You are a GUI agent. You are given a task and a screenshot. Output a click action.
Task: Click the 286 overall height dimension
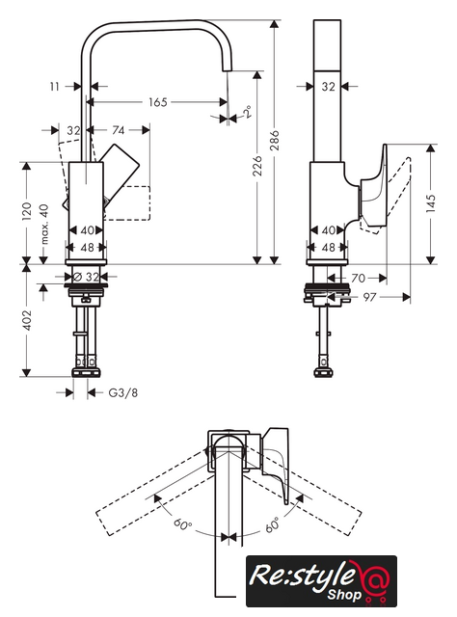pyautogui.click(x=274, y=140)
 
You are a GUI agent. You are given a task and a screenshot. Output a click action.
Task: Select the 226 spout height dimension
pyautogui.click(x=256, y=166)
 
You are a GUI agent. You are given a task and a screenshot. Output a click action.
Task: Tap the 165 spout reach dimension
pyautogui.click(x=158, y=102)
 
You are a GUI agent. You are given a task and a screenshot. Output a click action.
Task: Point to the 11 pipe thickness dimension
pyautogui.click(x=54, y=86)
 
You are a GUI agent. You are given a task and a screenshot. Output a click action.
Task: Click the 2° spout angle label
pyautogui.click(x=248, y=112)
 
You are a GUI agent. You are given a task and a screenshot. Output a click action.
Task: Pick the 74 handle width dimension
pyautogui.click(x=118, y=130)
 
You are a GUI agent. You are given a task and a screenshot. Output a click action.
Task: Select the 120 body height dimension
pyautogui.click(x=26, y=211)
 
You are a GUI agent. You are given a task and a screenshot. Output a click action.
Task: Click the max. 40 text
pyautogui.click(x=44, y=224)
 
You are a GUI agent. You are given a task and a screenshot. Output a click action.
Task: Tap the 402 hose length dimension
pyautogui.click(x=26, y=319)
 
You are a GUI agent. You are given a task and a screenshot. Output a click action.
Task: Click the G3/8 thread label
pyautogui.click(x=123, y=392)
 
